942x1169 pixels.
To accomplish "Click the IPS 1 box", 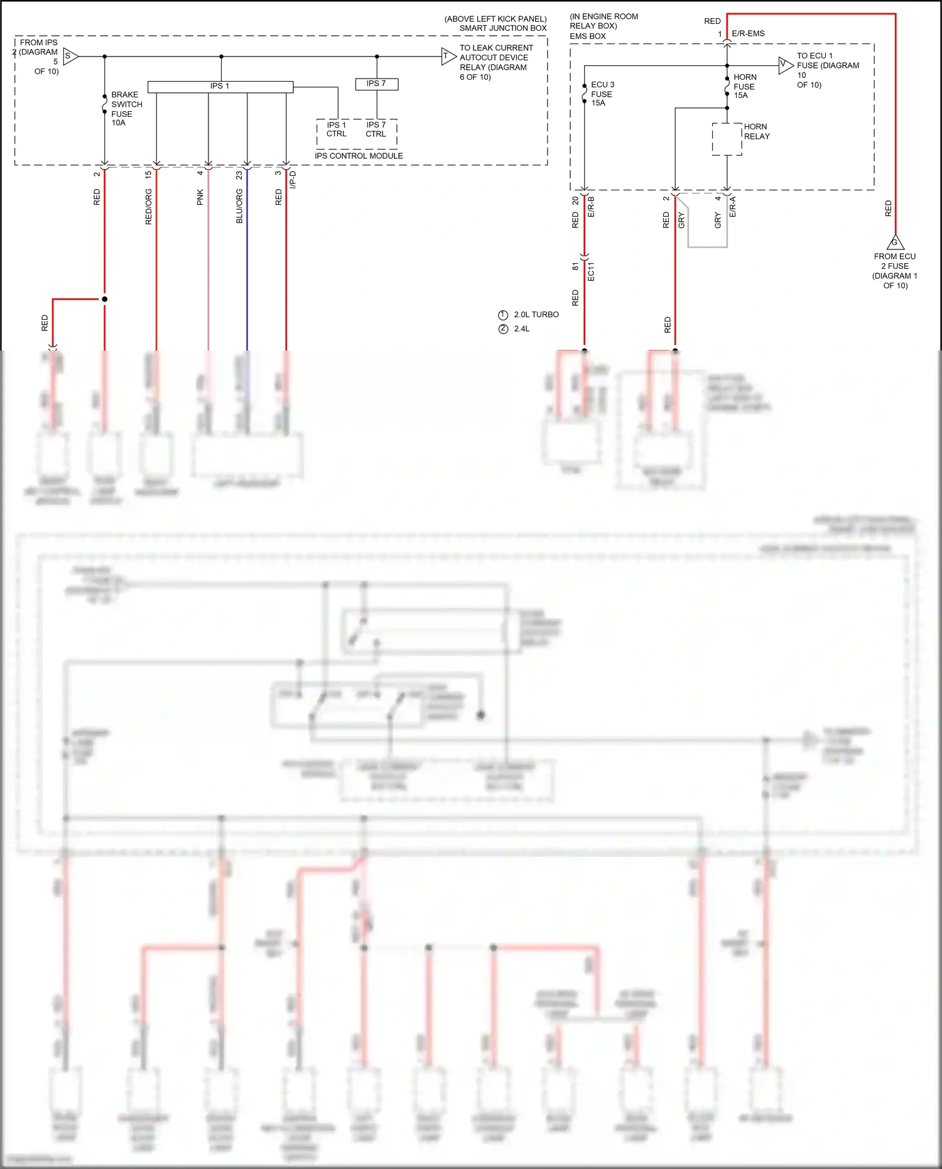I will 220,86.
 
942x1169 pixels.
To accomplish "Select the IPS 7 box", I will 376,84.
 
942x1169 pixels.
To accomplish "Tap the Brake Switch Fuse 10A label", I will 126,109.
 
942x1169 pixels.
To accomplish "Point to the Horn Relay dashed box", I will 727,139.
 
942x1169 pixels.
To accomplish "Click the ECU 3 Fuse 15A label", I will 602,94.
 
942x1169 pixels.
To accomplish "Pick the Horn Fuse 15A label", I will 744,86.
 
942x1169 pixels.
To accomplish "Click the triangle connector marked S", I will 70,57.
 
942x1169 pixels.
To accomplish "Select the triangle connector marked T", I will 447,57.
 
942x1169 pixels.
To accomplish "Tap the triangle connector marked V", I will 784,65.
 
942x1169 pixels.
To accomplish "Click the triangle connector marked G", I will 895,242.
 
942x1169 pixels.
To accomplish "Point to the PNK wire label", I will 200,197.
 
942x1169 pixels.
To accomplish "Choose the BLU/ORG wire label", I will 239,207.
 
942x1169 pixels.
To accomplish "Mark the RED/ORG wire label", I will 149,207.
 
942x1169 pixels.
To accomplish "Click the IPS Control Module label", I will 359,156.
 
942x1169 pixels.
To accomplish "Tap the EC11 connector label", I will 591,271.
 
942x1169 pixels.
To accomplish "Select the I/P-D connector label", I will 293,180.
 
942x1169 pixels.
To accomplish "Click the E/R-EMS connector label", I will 748,33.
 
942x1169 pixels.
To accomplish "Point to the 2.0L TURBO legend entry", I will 536,315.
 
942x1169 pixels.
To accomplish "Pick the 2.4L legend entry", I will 521,329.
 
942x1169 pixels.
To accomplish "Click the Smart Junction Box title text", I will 503,28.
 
